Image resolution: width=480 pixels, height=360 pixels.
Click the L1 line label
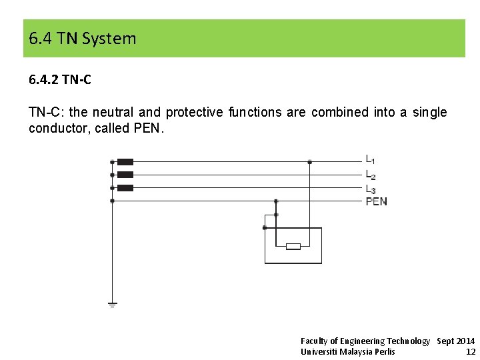tap(370, 160)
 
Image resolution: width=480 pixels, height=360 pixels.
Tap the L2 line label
tap(370, 175)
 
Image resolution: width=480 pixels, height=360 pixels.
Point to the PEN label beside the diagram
tap(376, 201)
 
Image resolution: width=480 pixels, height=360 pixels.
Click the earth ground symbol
tap(112, 304)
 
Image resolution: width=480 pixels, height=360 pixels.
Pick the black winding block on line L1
tap(125, 161)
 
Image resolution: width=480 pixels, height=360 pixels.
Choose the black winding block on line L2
tap(125, 175)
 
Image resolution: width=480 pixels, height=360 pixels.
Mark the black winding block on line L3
tap(125, 188)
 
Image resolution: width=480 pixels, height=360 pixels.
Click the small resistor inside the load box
tap(293, 247)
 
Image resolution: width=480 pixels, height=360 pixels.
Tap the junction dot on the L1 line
tap(309, 161)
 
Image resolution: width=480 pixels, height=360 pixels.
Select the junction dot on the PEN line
tap(277, 201)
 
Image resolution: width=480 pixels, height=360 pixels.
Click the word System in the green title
tap(109, 39)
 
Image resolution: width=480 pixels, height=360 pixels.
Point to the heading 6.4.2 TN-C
tap(60, 80)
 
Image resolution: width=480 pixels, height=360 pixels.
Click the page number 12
tap(471, 352)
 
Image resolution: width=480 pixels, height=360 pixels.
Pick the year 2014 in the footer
tap(465, 341)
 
